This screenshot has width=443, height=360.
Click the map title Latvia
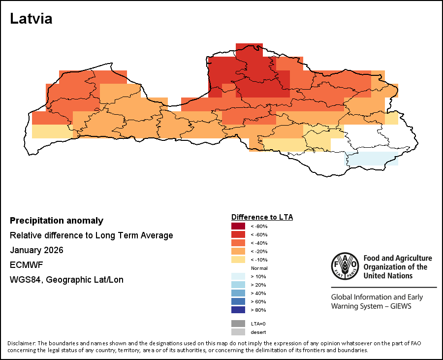click(31, 19)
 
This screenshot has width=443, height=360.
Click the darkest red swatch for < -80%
click(238, 226)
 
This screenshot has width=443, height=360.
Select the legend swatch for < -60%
click(238, 234)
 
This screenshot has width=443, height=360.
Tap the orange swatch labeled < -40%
click(238, 243)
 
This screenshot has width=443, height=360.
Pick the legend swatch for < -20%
click(238, 251)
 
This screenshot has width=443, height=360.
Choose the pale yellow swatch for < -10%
click(238, 260)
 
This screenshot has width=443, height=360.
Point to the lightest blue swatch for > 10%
click(238, 276)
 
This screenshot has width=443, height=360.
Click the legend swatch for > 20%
click(238, 285)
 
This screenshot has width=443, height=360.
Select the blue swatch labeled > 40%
click(238, 293)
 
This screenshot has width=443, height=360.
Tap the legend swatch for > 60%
click(238, 301)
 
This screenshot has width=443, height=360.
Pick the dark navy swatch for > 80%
click(238, 310)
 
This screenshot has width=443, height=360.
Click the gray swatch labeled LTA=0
click(238, 324)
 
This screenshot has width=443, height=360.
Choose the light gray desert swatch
click(238, 332)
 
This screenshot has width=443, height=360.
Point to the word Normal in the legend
click(259, 268)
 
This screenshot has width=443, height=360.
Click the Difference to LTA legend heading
click(262, 217)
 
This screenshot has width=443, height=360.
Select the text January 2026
click(36, 250)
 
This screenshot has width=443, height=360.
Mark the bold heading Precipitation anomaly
click(57, 221)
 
